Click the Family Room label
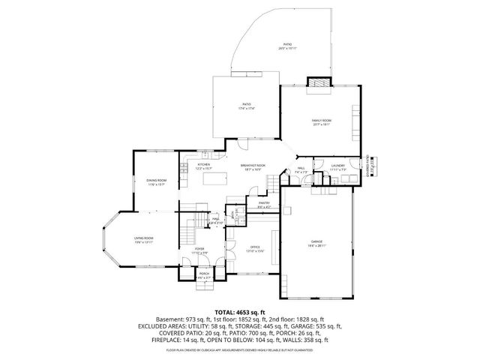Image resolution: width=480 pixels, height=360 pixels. (x=322, y=121)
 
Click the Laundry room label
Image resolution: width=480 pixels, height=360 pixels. (x=337, y=166)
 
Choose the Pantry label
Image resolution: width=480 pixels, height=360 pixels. (x=264, y=204)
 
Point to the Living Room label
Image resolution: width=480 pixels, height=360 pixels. (x=143, y=240)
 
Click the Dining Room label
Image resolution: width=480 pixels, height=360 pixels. (x=156, y=182)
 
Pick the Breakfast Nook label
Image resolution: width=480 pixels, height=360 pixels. (x=253, y=166)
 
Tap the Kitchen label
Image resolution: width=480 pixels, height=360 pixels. (x=204, y=166)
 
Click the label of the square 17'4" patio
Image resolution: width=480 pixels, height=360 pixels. (x=247, y=106)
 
